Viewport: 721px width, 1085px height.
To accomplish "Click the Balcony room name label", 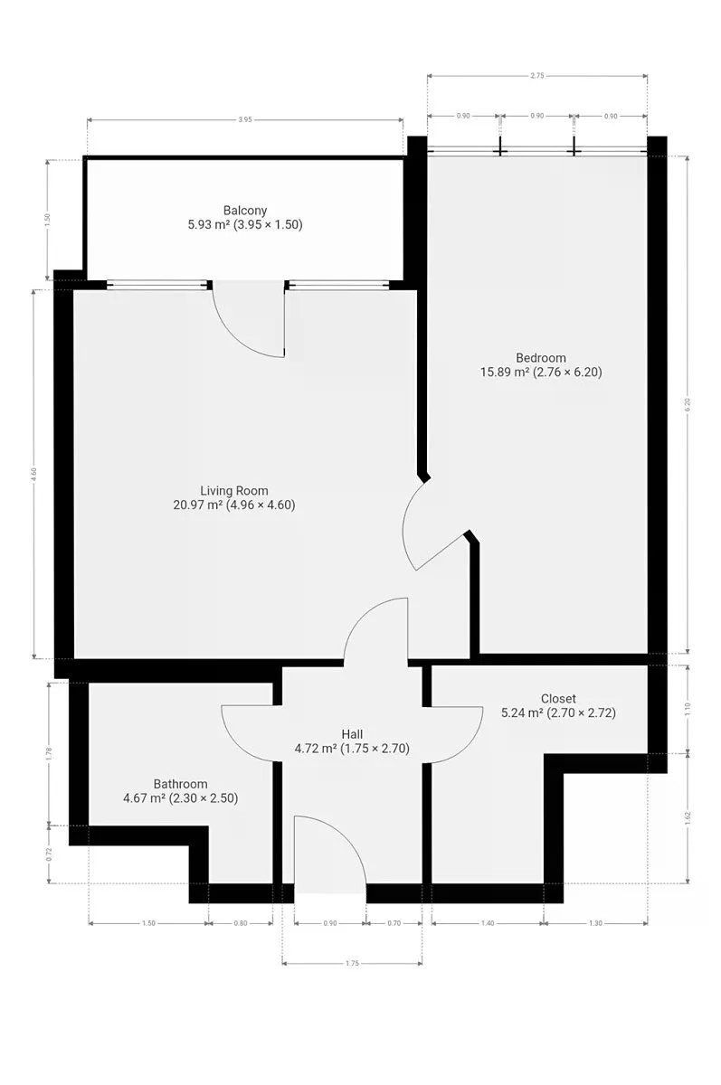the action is click(x=244, y=211).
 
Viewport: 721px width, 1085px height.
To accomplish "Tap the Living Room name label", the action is click(x=234, y=491).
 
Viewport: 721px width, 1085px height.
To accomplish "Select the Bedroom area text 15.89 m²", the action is click(x=504, y=372).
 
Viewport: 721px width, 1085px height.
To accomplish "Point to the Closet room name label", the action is click(x=558, y=698).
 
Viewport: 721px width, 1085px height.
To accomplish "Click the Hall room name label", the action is click(x=352, y=734).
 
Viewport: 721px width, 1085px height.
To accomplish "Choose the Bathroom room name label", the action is click(x=180, y=784).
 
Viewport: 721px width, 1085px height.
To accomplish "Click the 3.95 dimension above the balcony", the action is click(x=245, y=119).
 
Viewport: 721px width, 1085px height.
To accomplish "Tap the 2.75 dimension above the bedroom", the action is click(x=537, y=76).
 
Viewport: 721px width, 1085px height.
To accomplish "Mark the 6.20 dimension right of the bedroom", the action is click(x=688, y=404).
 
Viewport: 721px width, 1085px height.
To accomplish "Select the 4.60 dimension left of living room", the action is click(x=33, y=474).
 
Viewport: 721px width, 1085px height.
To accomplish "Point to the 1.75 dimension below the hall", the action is click(x=352, y=964).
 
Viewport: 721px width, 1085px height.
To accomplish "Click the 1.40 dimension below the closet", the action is click(x=488, y=923).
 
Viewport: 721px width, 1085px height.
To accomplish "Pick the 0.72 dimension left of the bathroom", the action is click(x=49, y=854).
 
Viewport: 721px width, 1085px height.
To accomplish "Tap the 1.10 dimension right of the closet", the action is click(x=688, y=709).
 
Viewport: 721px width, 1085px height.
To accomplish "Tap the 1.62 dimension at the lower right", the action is click(x=688, y=818).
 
